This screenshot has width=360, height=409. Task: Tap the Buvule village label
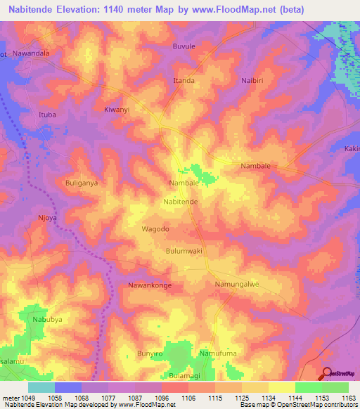tap(184, 46)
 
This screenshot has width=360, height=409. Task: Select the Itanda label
tap(184, 81)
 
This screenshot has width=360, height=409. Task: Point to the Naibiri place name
tap(255, 82)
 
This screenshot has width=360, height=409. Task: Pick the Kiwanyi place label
tap(117, 110)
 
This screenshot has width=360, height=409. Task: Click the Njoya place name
tap(47, 218)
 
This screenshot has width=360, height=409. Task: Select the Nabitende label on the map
tap(181, 201)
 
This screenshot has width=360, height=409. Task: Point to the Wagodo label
tap(156, 229)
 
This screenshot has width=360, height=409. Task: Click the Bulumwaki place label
tap(184, 250)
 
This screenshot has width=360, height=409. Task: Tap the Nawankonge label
tap(150, 285)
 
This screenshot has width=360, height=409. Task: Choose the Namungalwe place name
tap(237, 284)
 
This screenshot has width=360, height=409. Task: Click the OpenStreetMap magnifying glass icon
tap(327, 375)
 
